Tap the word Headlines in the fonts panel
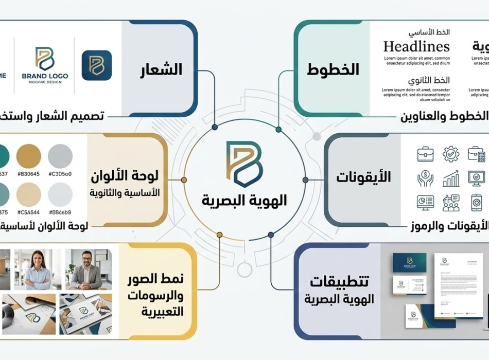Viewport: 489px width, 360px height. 416,46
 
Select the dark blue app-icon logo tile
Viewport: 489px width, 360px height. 97,65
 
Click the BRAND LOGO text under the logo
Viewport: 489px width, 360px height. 45,76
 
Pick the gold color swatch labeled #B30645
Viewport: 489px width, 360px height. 28,155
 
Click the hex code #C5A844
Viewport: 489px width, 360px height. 28,212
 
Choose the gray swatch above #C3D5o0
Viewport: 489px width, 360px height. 60,155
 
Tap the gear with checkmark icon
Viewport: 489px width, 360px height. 450,154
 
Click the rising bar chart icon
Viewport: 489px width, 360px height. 450,179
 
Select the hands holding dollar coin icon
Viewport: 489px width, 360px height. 425,179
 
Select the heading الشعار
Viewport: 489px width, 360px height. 161,69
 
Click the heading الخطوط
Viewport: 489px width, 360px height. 333,69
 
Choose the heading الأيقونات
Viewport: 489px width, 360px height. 363,177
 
